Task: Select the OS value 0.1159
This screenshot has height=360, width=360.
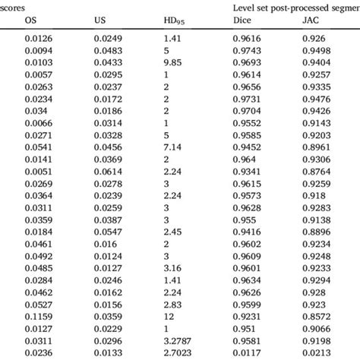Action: pyautogui.click(x=38, y=316)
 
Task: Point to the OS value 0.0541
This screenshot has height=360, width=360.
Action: pyautogui.click(x=38, y=145)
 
